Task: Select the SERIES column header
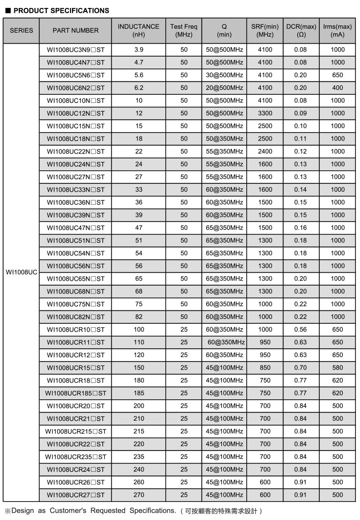(21, 30)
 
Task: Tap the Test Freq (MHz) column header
(184, 30)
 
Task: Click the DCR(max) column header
(301, 30)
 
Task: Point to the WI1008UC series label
(21, 273)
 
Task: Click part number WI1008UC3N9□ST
(75, 50)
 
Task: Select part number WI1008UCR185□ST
(75, 393)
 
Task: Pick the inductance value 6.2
(139, 88)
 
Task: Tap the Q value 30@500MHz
(224, 75)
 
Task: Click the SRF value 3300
(265, 113)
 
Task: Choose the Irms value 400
(338, 88)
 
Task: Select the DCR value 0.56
(301, 330)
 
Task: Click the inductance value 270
(139, 495)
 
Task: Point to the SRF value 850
(265, 368)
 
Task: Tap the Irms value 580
(338, 368)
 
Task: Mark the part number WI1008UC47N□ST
(75, 228)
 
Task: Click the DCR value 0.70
(301, 368)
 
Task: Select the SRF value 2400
(265, 151)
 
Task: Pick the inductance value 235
(139, 457)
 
